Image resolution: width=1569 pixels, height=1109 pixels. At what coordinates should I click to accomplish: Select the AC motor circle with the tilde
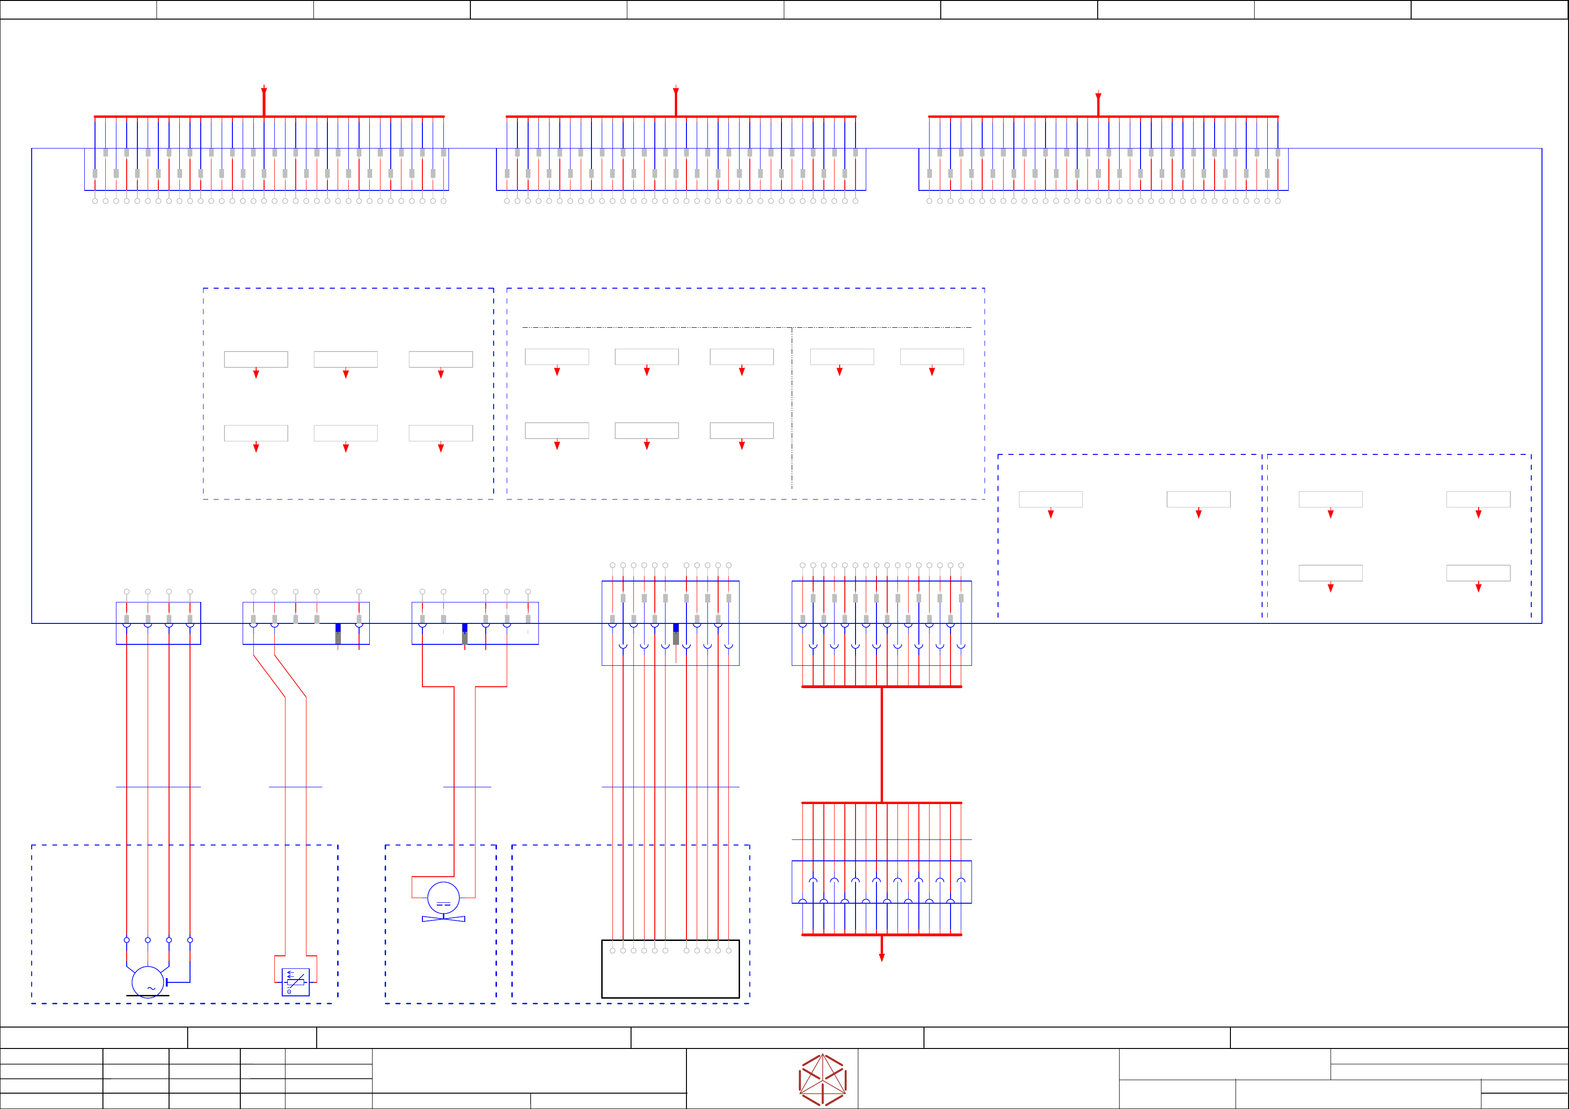pyautogui.click(x=148, y=982)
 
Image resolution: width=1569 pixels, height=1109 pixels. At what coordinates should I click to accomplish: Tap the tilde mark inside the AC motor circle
pyautogui.click(x=151, y=988)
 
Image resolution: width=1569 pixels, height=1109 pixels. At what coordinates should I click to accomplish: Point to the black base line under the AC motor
pyautogui.click(x=148, y=995)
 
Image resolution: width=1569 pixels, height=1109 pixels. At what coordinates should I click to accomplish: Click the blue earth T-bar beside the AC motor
pyautogui.click(x=167, y=982)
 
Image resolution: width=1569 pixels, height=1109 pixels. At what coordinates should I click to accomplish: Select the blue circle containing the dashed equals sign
pyautogui.click(x=443, y=898)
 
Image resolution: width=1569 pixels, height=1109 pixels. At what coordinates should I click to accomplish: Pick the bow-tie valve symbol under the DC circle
pyautogui.click(x=443, y=919)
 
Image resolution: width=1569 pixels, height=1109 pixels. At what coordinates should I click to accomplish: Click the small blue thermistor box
pyautogui.click(x=295, y=982)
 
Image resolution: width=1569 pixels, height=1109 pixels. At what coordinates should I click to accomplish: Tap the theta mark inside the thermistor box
pyautogui.click(x=289, y=991)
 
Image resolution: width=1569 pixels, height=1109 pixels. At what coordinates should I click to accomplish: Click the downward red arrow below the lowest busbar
pyautogui.click(x=882, y=957)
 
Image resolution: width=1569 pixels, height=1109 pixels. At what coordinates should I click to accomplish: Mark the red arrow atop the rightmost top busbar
pyautogui.click(x=1098, y=96)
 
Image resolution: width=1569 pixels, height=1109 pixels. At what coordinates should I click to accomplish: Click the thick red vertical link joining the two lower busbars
pyautogui.click(x=882, y=745)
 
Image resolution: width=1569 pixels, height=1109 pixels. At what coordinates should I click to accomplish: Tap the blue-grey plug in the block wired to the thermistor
pyautogui.click(x=338, y=634)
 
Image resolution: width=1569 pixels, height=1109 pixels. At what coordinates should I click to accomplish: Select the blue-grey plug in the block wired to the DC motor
pyautogui.click(x=465, y=634)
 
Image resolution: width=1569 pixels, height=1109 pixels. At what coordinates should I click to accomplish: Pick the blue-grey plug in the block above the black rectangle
pyautogui.click(x=676, y=634)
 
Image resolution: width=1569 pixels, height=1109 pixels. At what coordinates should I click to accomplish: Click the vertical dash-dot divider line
pyautogui.click(x=792, y=410)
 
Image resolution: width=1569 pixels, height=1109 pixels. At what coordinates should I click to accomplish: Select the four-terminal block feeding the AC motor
pyautogui.click(x=158, y=623)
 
